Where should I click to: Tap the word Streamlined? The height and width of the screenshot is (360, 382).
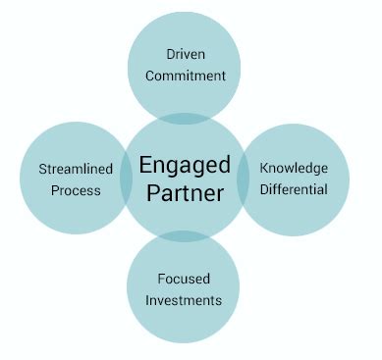(x=76, y=168)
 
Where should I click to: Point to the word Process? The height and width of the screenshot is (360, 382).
(x=77, y=189)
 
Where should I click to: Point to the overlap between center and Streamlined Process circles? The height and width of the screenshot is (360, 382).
(x=127, y=180)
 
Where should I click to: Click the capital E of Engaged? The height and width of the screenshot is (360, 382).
(x=145, y=164)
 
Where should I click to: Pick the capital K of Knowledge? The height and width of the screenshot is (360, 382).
(x=263, y=168)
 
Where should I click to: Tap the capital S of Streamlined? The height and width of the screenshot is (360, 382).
(x=42, y=168)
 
